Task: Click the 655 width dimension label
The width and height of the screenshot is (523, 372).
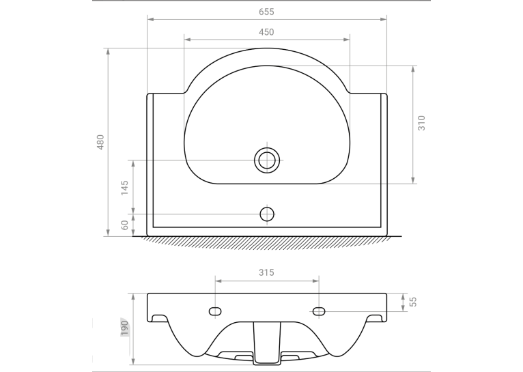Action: point(266,12)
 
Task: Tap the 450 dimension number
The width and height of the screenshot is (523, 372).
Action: point(266,32)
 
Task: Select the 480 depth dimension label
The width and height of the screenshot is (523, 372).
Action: point(100,142)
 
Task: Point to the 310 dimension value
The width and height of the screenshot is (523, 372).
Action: point(421,123)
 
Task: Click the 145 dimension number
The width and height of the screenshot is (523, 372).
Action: point(124,188)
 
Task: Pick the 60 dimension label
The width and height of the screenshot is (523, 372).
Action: point(124,225)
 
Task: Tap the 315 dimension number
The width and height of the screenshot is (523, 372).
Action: point(266,272)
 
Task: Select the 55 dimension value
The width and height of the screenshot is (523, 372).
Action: point(413,302)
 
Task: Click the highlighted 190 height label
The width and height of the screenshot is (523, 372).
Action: point(124,328)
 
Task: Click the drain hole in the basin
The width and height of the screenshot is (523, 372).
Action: point(267,160)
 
